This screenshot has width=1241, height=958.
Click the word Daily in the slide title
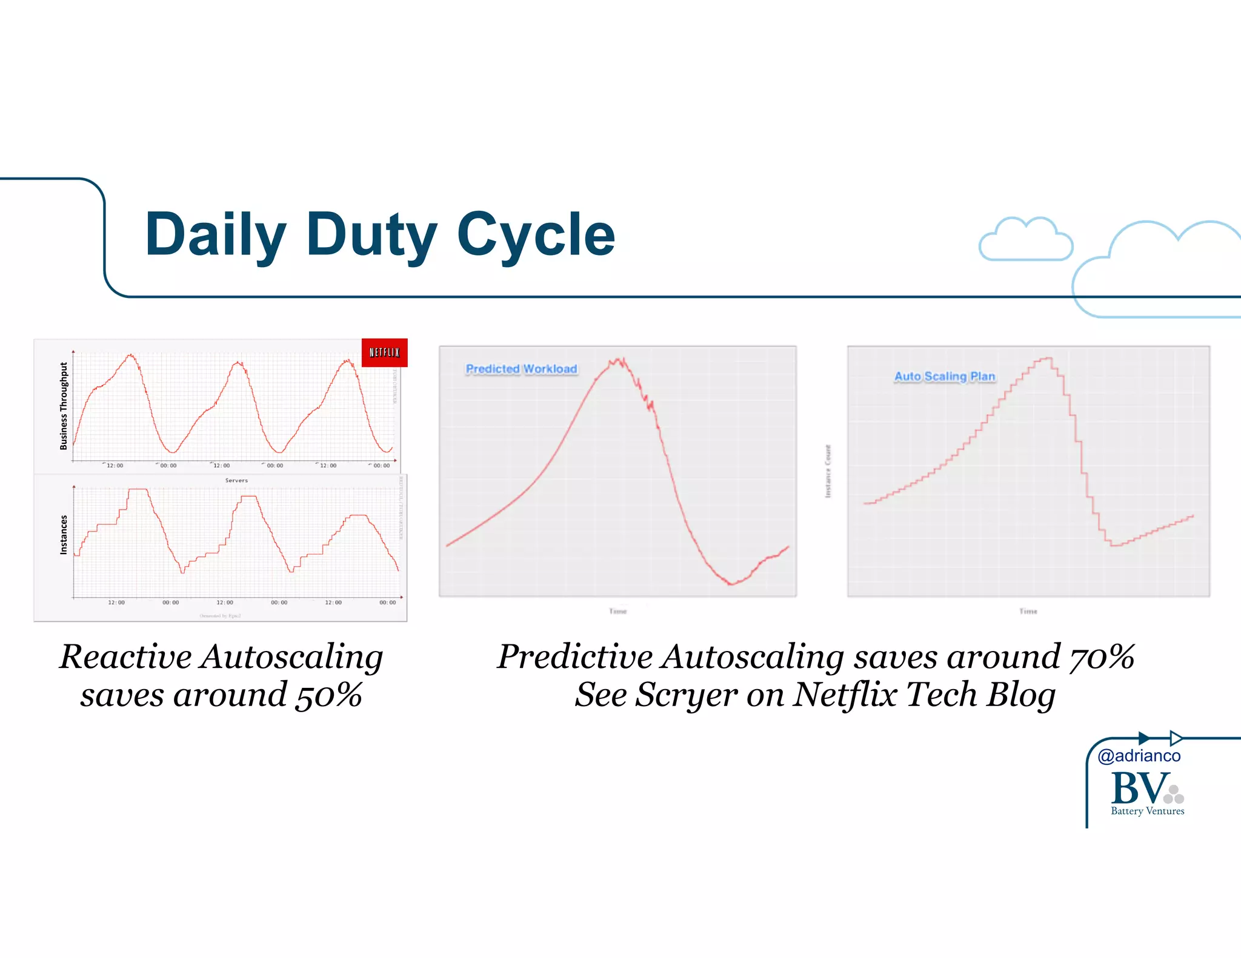(x=215, y=235)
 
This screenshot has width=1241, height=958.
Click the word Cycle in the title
(x=536, y=235)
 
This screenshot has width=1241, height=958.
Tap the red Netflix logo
(x=384, y=352)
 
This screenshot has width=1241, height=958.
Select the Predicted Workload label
(x=521, y=369)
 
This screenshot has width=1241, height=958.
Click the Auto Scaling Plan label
(x=945, y=376)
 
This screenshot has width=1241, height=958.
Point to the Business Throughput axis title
(x=64, y=406)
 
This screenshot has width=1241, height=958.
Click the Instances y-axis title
(x=64, y=535)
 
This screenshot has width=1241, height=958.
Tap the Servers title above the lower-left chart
(x=236, y=480)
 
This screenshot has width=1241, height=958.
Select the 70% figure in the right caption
(x=1102, y=657)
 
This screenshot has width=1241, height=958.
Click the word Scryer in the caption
(x=687, y=695)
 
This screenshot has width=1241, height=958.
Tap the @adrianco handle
(x=1139, y=756)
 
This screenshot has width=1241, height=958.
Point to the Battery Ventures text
(x=1147, y=811)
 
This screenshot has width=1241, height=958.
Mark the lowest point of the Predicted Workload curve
(x=731, y=584)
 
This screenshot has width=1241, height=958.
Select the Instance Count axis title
(x=828, y=471)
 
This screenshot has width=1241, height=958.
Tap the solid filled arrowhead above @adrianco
(x=1143, y=738)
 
